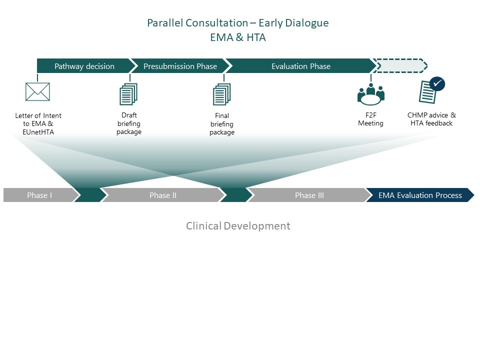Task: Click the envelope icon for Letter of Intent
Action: click(37, 91)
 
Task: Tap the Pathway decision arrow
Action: click(84, 66)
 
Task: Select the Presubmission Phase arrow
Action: click(180, 66)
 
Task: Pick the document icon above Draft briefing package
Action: click(128, 94)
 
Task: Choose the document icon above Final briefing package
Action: click(221, 94)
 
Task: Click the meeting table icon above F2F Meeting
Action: click(370, 94)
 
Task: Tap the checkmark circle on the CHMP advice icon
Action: click(437, 84)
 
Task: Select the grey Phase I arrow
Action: click(40, 195)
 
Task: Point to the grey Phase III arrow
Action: click(309, 195)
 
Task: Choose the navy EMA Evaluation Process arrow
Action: click(420, 195)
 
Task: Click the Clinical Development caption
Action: click(238, 226)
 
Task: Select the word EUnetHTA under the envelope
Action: click(38, 132)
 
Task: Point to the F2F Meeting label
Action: click(370, 119)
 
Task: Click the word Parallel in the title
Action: click(165, 23)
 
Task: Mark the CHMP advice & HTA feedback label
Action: click(431, 119)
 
